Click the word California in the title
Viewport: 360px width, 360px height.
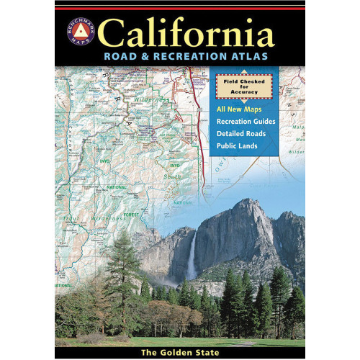coord(187,33)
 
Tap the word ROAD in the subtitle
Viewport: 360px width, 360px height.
coord(118,56)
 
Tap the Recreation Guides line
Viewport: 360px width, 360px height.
coord(249,121)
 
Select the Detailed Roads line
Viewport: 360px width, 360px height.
coord(245,133)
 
